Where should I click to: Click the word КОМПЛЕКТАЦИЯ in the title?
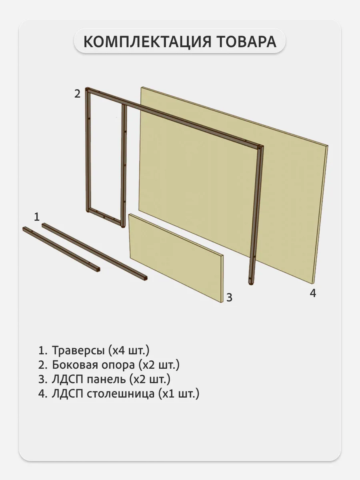click(x=148, y=42)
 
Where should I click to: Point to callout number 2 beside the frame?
click(x=77, y=94)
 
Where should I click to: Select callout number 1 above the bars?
click(x=37, y=217)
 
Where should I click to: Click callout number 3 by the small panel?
click(x=229, y=298)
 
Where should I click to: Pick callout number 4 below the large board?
click(x=313, y=293)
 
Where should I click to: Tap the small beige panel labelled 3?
click(x=176, y=258)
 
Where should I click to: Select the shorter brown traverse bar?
click(x=61, y=249)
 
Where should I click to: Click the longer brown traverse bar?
click(x=94, y=252)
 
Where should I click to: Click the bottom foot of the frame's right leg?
click(x=251, y=283)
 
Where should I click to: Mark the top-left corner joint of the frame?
click(x=88, y=90)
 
